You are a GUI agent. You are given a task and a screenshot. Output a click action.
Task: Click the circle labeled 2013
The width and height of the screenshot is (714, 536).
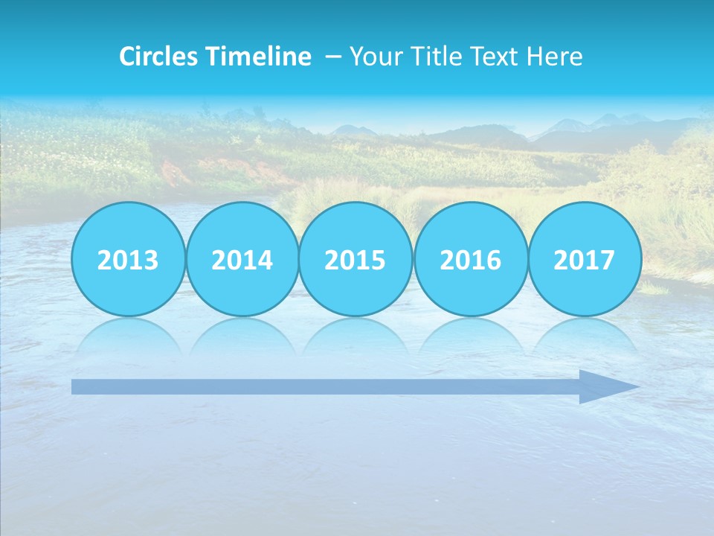[x=128, y=259]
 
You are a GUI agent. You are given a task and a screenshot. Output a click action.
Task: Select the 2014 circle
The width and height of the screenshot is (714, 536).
[x=242, y=259]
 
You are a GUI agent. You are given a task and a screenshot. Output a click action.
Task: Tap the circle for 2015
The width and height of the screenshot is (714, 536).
[x=356, y=259]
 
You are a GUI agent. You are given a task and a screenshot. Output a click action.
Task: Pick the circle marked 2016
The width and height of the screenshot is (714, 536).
[x=471, y=259]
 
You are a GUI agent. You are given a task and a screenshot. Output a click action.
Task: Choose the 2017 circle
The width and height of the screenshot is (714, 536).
[x=585, y=259]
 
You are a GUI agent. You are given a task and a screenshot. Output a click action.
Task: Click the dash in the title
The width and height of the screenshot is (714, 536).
[x=333, y=56]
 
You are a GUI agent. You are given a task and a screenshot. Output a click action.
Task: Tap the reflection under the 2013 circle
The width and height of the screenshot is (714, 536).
[x=128, y=336]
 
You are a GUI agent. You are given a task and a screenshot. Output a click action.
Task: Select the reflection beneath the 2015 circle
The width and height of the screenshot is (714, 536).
[x=356, y=336]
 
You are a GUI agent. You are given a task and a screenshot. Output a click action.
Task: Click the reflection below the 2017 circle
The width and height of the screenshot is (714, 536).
[x=585, y=336]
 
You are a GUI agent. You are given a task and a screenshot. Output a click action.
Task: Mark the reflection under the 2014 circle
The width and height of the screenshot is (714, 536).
[x=242, y=336]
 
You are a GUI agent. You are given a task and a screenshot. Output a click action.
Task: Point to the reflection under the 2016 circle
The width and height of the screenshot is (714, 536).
[x=471, y=336]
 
